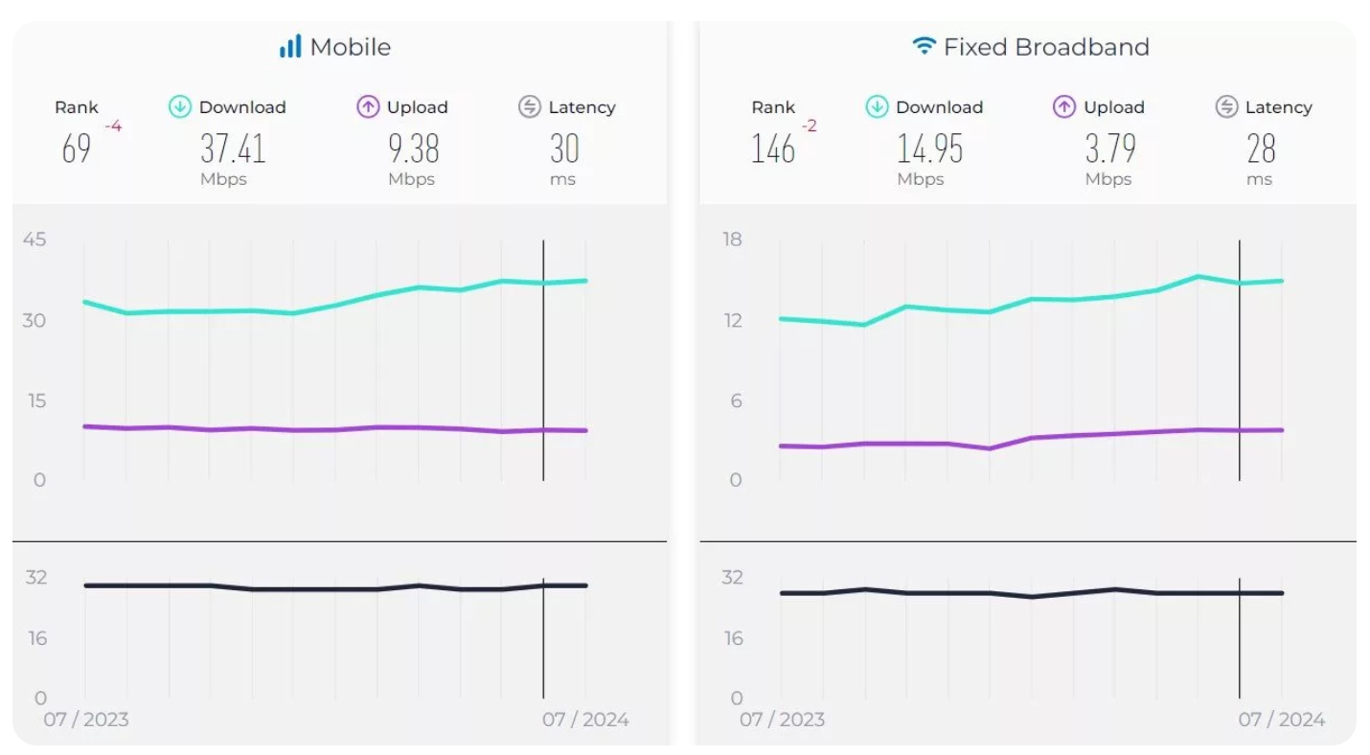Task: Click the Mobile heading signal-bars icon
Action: [290, 46]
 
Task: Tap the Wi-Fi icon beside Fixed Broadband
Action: [924, 46]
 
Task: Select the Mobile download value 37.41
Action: [233, 149]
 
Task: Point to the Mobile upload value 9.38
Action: [413, 149]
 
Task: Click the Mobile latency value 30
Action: [564, 149]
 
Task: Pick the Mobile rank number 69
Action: [77, 149]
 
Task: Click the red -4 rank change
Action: [113, 126]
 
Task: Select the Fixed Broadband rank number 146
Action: [773, 149]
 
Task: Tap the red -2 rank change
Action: [809, 126]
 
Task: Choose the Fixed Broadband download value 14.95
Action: [929, 149]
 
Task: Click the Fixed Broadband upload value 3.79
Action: [1110, 149]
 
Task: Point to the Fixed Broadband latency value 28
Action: [1261, 149]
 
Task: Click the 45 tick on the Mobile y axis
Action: [34, 239]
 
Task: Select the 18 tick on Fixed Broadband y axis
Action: [732, 239]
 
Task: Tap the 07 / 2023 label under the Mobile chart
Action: [85, 720]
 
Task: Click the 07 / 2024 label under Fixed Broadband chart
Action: [1282, 720]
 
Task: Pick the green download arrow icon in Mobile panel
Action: [180, 107]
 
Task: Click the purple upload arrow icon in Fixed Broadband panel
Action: [1064, 107]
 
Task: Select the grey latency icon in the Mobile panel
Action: [530, 107]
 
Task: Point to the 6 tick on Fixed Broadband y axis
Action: [736, 400]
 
